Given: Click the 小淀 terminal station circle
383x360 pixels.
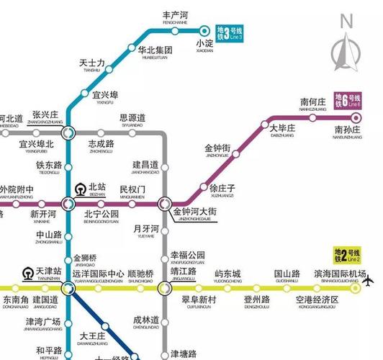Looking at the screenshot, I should pos(204,31).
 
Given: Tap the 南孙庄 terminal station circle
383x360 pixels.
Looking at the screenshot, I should pos(356,118).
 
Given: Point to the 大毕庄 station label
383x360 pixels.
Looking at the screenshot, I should pos(283,128).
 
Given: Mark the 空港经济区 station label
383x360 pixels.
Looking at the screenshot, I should pos(312,300).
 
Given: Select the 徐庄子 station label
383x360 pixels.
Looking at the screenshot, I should pos(222,189).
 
